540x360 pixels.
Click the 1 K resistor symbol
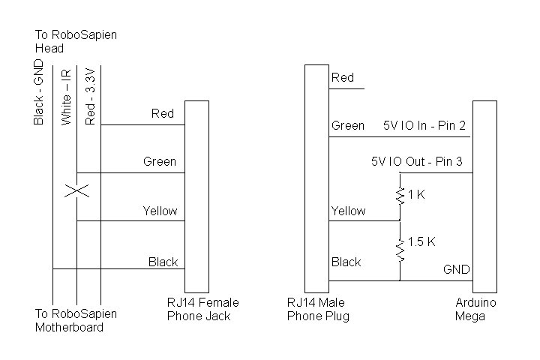point(400,195)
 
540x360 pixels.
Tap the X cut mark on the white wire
point(76,190)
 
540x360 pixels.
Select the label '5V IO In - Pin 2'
point(424,126)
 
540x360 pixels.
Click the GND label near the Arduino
point(456,269)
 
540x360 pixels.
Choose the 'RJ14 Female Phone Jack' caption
point(202,309)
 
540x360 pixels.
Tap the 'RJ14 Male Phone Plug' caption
point(318,309)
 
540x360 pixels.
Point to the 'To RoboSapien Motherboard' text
point(76,320)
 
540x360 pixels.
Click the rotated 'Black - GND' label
point(40,94)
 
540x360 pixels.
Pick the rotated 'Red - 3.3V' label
point(90,96)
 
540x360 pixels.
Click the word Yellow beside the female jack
point(160,211)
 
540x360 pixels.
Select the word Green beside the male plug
point(348,126)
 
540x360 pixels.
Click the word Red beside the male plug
point(343,77)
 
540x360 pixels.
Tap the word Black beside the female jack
point(163,262)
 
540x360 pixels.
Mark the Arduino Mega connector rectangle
point(484,196)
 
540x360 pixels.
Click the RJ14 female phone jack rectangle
point(196,196)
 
